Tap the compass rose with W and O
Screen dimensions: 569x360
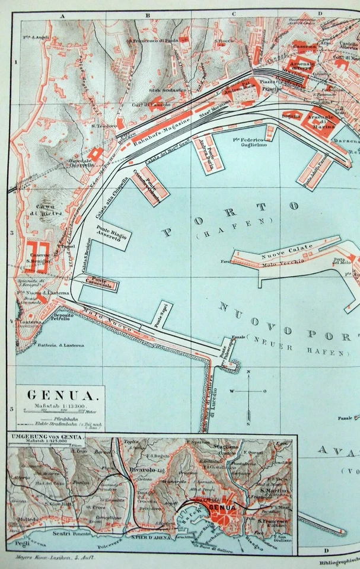tap(249, 391)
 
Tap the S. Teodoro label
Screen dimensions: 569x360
tap(103, 126)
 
